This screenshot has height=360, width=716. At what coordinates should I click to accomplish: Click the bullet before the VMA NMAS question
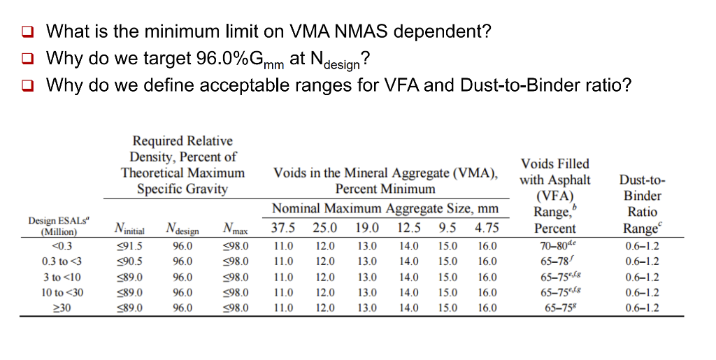point(27,31)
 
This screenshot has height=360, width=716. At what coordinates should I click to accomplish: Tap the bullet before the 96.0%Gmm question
point(27,59)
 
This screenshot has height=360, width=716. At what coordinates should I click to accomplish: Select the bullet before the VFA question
point(27,86)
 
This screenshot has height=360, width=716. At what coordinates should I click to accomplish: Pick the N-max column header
point(234,229)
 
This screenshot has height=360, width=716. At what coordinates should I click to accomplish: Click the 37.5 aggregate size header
point(283,228)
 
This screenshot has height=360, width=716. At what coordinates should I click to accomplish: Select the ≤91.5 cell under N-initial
point(133,246)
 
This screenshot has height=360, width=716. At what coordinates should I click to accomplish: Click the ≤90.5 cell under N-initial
point(133,261)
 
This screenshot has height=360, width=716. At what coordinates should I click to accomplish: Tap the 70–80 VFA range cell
point(555,246)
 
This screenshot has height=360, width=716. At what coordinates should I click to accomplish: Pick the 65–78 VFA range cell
point(555,261)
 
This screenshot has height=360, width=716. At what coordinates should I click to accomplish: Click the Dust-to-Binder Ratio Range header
point(643,204)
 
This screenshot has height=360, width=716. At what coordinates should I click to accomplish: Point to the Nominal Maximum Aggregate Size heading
point(385,208)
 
